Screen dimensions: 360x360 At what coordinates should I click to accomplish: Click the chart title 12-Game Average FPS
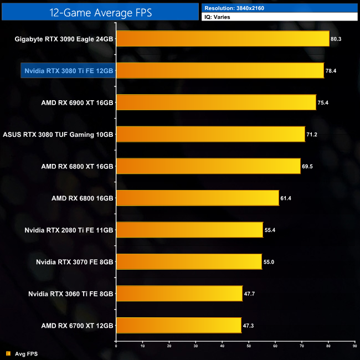[100, 11]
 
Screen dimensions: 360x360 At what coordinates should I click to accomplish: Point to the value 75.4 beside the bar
[323, 102]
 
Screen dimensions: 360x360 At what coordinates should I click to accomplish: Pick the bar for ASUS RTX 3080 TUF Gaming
[210, 134]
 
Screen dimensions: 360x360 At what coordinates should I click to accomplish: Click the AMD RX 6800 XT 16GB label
[77, 166]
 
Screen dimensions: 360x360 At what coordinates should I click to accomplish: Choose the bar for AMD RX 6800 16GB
[197, 198]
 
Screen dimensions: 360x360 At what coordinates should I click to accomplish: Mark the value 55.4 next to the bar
[270, 229]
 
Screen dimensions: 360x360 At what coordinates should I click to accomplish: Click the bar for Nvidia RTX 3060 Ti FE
[179, 293]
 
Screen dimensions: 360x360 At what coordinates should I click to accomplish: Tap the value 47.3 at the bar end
[249, 325]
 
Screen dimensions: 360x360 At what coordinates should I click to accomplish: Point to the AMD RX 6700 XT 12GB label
[77, 325]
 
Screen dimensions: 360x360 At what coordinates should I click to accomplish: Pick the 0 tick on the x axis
[116, 347]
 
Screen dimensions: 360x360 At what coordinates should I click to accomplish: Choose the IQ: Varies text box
[279, 17]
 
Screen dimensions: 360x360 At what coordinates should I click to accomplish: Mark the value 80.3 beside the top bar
[337, 39]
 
